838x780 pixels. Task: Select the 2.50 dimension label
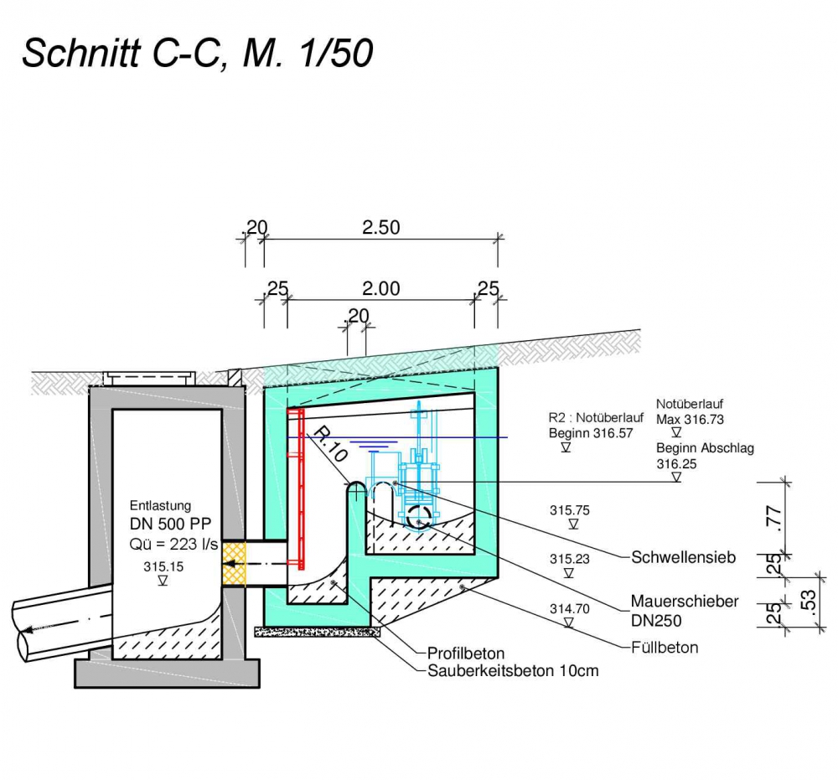pos(380,227)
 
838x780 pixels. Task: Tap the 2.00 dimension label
pos(380,289)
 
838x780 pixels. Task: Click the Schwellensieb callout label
pos(684,556)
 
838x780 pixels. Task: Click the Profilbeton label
pos(466,653)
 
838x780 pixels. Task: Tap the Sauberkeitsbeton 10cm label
pos(513,671)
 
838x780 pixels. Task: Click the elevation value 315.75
pos(570,509)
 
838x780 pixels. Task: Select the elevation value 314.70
pos(570,609)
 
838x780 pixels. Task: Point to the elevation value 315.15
pos(163,566)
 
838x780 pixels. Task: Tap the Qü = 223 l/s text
pos(174,545)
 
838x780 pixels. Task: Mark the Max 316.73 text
pos(690,419)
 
